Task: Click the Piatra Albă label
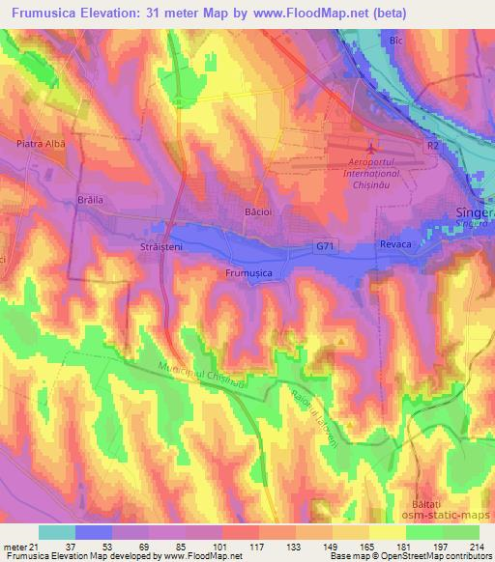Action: [42, 143]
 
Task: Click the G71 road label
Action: [326, 247]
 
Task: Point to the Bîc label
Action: [395, 42]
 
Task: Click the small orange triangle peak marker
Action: [341, 340]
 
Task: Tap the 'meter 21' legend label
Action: [19, 548]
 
